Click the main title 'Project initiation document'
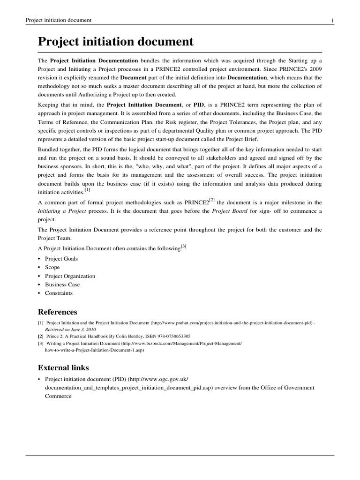point(115,42)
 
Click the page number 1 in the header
point(332,20)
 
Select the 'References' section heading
point(57,312)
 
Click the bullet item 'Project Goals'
point(61,259)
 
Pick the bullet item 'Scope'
point(52,267)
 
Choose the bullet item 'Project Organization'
point(70,276)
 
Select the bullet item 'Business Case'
point(62,285)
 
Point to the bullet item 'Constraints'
point(59,293)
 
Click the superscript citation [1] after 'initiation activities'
point(88,190)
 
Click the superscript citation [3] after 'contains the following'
point(183,246)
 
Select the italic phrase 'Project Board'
point(230,211)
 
